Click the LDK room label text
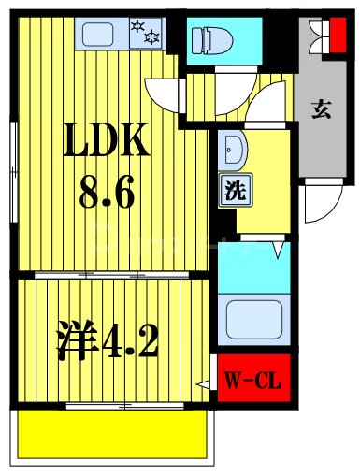[x=105, y=142]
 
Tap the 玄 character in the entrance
[x=321, y=109]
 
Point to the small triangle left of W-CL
[x=202, y=383]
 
